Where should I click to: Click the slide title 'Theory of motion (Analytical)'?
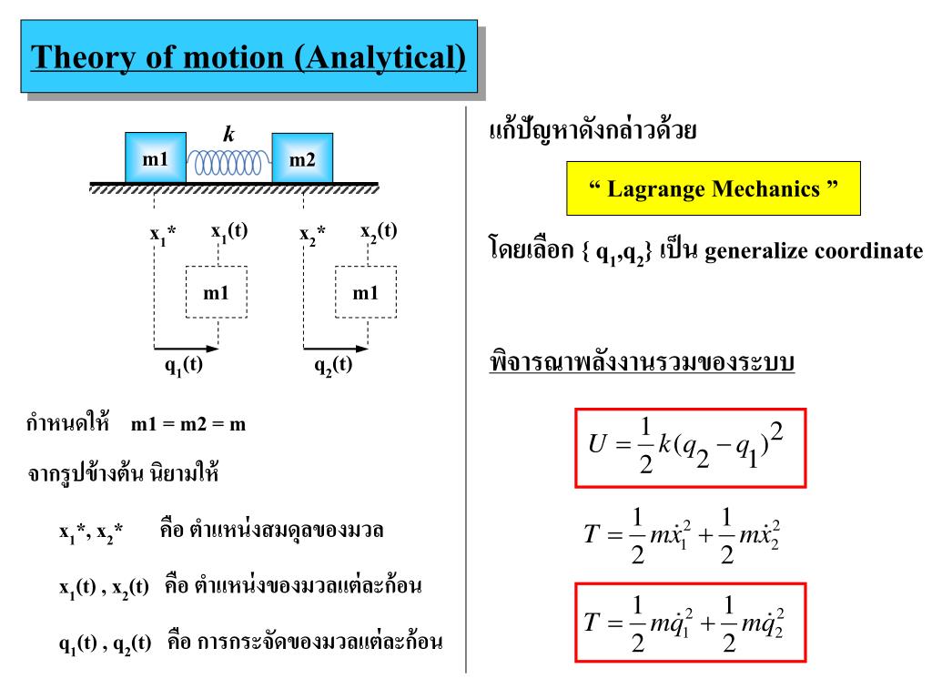pos(249,57)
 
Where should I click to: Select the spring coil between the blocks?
pos(229,164)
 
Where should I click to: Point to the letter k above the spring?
pos(229,135)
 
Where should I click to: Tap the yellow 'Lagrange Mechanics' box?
pos(713,189)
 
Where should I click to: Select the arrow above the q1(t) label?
pos(187,348)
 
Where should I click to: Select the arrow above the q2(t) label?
pos(336,348)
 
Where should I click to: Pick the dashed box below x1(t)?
pos(216,292)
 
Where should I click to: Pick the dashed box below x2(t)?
pos(365,292)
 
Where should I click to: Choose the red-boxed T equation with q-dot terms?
pos(689,623)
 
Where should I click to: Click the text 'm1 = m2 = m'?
pos(188,424)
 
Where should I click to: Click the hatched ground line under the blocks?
pos(234,187)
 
